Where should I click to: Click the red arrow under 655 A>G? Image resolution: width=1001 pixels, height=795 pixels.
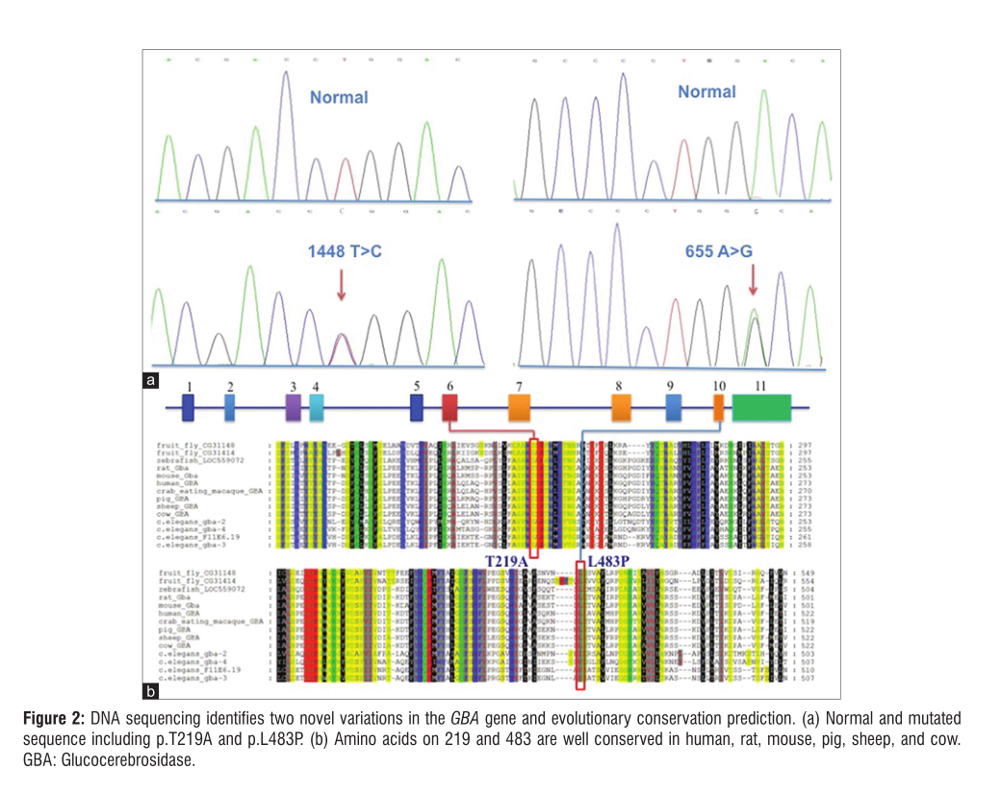753,279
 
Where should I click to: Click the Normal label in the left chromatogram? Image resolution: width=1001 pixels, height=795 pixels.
339,97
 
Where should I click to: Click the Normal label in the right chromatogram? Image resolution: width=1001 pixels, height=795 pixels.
706,92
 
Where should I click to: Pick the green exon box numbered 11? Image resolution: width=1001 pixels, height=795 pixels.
761,408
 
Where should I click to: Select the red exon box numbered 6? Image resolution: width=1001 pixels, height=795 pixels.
449,408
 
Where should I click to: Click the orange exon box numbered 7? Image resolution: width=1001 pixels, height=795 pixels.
519,408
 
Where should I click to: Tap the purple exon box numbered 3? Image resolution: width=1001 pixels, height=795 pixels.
294,408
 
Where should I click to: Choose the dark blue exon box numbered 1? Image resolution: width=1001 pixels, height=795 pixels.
189,408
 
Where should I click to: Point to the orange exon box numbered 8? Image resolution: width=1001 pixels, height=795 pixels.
621,408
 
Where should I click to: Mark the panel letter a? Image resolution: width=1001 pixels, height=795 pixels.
151,381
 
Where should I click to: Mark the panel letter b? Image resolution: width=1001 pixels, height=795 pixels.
151,690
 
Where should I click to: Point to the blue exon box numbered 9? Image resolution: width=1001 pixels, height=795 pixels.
674,408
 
